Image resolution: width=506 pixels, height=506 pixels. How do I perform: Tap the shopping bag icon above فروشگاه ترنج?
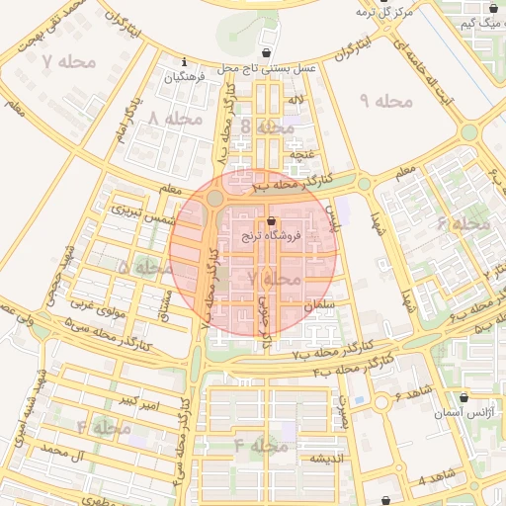pos(272,220)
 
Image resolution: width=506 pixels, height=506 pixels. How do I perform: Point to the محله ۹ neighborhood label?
pos(384,101)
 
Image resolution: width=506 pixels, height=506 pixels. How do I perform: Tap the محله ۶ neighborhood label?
pos(464,224)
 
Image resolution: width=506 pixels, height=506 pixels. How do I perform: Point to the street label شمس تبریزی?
pos(144,211)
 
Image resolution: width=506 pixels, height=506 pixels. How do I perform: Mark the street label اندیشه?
pos(327,460)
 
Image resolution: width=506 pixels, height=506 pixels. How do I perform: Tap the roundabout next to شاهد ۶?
pos(380,402)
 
